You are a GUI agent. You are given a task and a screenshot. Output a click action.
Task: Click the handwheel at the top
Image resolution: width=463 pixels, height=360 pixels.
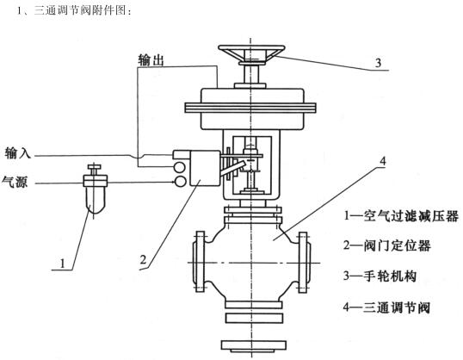pyautogui.click(x=251, y=55)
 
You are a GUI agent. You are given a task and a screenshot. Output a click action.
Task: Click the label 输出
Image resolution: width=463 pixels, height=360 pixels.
pyautogui.click(x=151, y=60)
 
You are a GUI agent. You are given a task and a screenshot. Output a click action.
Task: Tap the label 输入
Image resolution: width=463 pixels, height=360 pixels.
pyautogui.click(x=18, y=153)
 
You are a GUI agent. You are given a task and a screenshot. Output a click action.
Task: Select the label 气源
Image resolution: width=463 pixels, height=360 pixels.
pyautogui.click(x=15, y=181)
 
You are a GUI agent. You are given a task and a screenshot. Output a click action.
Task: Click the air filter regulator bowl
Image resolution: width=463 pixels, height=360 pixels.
pyautogui.click(x=94, y=200)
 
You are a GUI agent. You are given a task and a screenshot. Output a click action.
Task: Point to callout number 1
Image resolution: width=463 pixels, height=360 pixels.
pyautogui.click(x=62, y=263)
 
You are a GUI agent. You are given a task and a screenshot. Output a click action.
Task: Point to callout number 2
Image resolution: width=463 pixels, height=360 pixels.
pyautogui.click(x=143, y=260)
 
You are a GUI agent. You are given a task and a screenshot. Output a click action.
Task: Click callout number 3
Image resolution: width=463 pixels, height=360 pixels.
pyautogui.click(x=379, y=63)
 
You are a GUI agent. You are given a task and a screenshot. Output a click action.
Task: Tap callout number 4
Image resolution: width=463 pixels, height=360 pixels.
pyautogui.click(x=383, y=161)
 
